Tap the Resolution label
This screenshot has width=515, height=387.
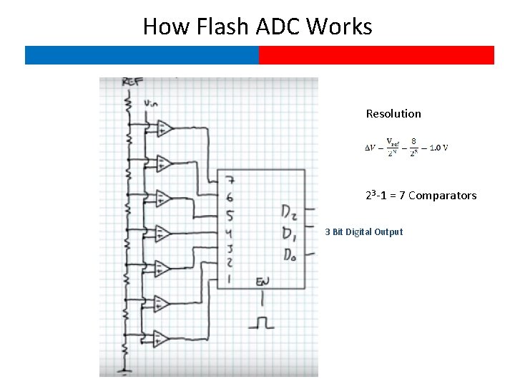393,113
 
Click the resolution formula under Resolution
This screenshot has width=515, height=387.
407,148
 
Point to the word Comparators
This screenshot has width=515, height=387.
442,196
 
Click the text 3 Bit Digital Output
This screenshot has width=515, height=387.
363,232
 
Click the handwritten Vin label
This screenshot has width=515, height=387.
151,104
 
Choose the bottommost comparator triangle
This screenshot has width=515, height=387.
162,338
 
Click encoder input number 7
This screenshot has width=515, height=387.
228,181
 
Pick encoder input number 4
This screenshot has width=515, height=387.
228,233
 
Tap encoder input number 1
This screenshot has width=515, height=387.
228,279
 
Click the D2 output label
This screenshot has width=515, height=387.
289,212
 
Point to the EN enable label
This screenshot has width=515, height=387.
263,282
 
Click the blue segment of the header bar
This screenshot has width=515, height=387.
142,55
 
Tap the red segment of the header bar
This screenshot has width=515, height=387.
376,55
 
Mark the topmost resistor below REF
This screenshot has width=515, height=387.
129,105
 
